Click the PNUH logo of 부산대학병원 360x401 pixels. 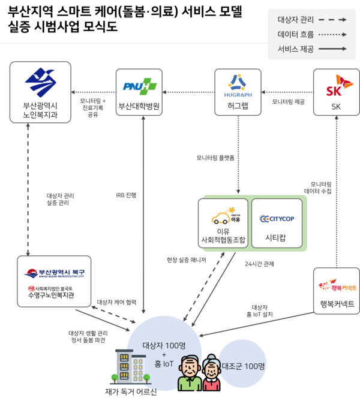139,86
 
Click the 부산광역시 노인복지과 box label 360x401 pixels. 36,111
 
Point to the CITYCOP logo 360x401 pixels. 277,219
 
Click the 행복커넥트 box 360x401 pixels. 336,291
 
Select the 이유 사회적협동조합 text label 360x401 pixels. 223,236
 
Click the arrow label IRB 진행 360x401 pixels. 126,195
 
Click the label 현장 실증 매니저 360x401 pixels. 186,260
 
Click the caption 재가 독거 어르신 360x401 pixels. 130,392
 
